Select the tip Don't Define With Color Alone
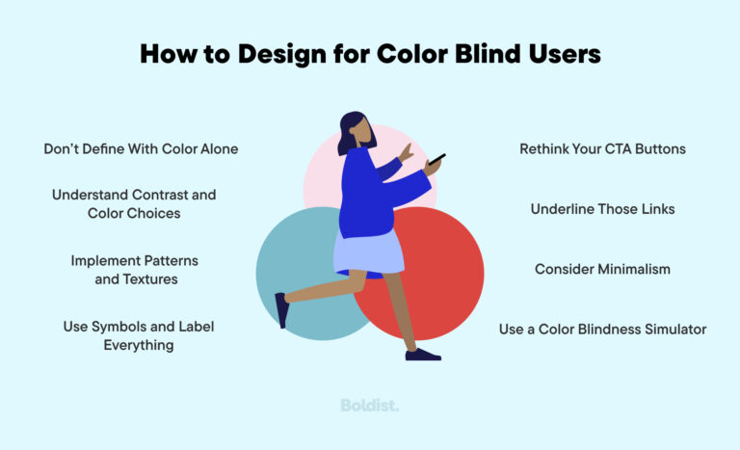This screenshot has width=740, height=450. click(141, 149)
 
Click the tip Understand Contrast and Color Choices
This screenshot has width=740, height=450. click(134, 203)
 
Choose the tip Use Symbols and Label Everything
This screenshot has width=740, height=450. click(139, 335)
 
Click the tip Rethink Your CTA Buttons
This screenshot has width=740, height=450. click(602, 149)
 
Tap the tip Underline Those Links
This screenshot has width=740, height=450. click(602, 209)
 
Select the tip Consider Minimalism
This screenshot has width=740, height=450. click(602, 269)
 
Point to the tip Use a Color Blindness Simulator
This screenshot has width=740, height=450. click(602, 330)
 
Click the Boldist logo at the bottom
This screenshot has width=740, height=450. click(370, 406)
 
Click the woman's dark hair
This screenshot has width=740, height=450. click(348, 130)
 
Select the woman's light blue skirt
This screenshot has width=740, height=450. click(368, 251)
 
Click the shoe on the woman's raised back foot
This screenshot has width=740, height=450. click(280, 310)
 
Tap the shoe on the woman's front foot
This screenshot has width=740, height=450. click(422, 355)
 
